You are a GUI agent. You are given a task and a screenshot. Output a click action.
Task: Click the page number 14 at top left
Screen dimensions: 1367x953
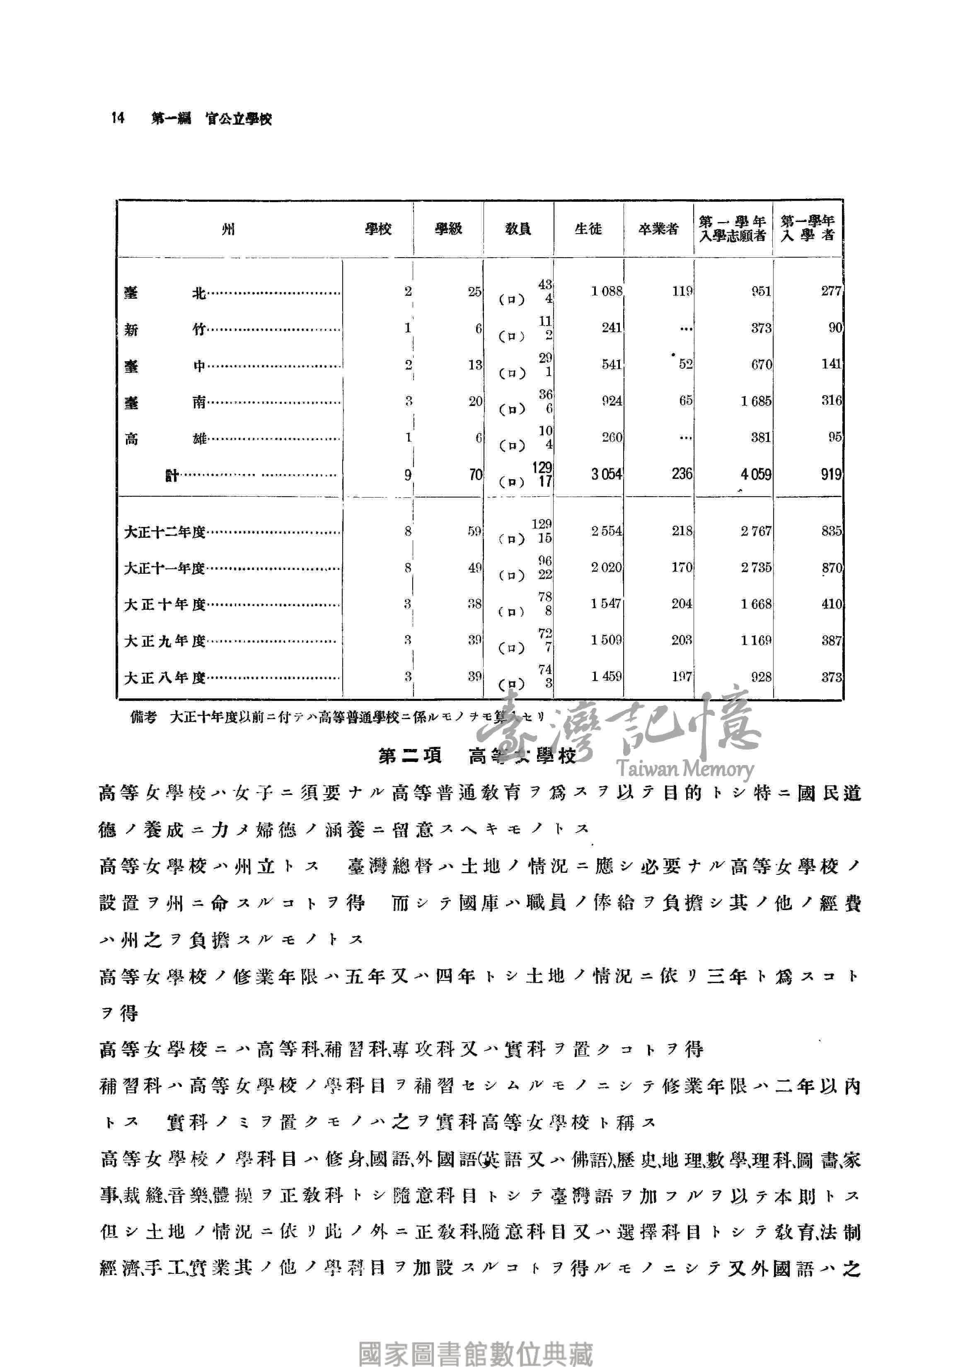point(117,118)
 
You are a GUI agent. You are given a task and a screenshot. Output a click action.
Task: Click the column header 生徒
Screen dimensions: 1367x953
point(588,229)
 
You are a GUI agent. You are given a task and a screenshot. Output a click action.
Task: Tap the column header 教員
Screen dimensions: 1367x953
point(518,229)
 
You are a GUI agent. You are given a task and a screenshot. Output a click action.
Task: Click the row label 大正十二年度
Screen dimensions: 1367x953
point(164,531)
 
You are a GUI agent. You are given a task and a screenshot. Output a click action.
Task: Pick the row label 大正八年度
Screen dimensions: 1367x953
point(164,678)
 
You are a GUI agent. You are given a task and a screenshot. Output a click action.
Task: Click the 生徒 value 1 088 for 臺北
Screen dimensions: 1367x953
point(606,292)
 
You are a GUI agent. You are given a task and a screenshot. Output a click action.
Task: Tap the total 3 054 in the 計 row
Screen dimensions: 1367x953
point(606,475)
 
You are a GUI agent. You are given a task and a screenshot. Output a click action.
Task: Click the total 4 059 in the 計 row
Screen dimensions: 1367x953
point(755,475)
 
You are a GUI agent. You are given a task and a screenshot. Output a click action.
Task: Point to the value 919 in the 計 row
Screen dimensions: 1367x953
point(830,475)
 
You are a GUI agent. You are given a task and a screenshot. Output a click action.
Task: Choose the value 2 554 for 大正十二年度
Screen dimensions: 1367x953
point(606,531)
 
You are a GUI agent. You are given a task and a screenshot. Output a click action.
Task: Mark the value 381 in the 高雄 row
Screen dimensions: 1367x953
point(761,437)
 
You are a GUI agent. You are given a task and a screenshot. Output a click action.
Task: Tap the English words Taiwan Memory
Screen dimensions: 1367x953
point(685,769)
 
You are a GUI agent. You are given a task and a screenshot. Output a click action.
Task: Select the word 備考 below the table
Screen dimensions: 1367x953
point(143,717)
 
